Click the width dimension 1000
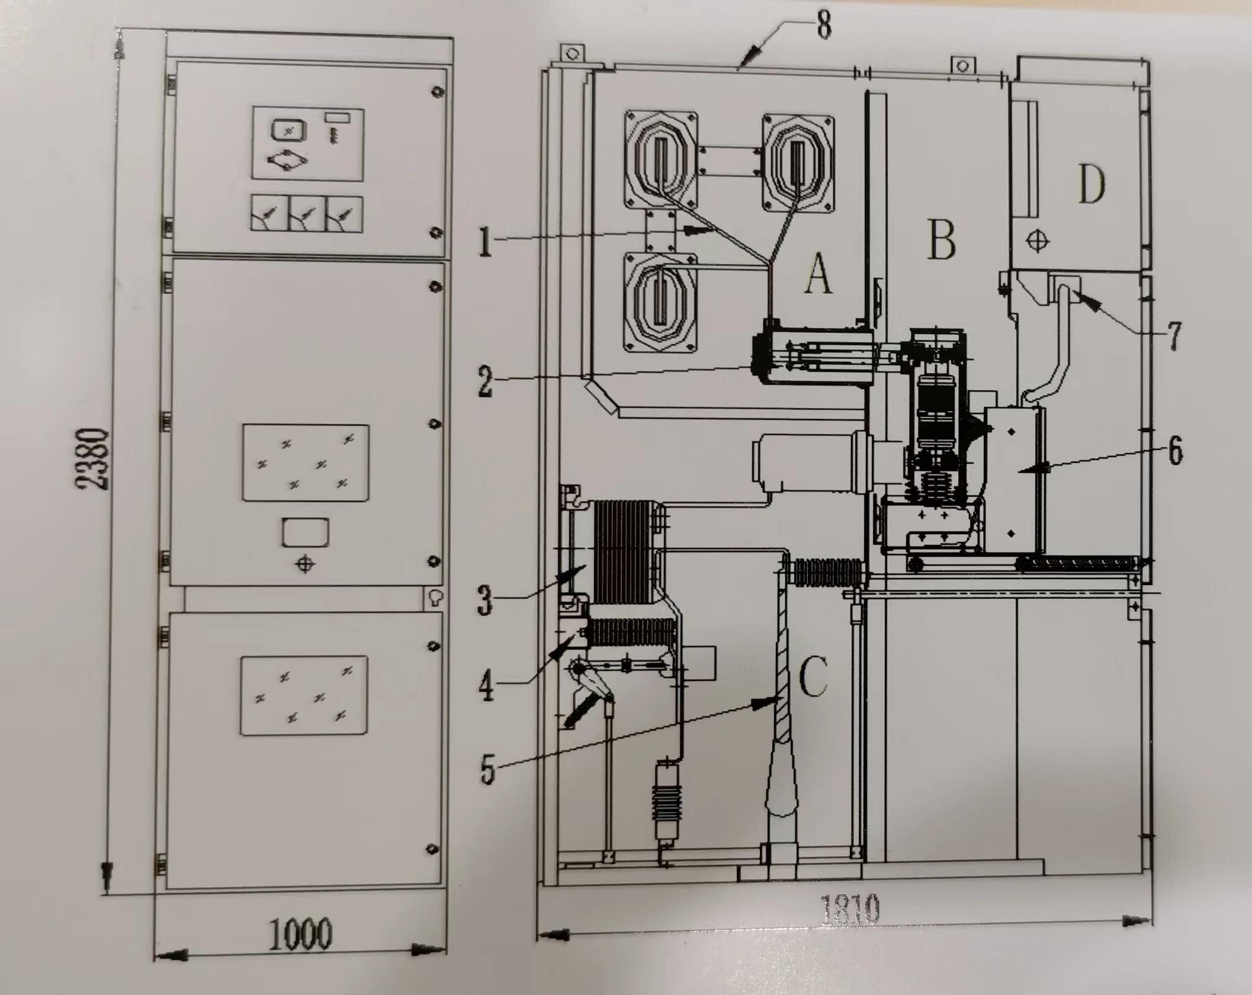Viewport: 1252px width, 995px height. [300, 934]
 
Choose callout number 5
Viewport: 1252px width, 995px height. [487, 769]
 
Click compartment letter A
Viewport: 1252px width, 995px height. [818, 274]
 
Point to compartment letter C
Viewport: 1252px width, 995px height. [813, 678]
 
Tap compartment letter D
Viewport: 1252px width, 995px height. [1091, 184]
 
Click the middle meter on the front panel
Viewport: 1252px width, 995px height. [306, 214]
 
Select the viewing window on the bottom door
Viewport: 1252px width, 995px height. [304, 695]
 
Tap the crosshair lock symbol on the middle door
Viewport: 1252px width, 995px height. [304, 564]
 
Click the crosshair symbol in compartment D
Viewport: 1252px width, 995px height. [1037, 241]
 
